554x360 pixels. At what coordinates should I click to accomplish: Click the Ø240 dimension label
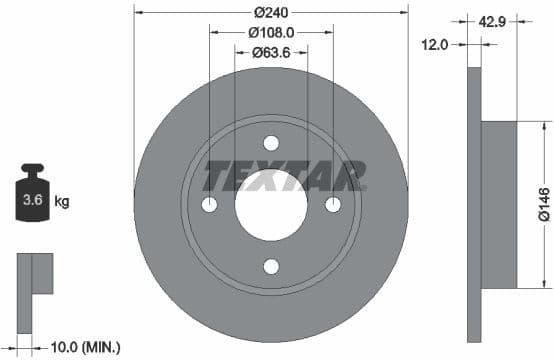[x=271, y=13]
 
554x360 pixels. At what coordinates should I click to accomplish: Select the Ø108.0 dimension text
[x=271, y=33]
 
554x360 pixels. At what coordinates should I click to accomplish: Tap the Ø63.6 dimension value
[x=271, y=52]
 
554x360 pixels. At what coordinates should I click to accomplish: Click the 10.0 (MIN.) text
[x=85, y=347]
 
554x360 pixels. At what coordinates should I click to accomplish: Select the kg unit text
[x=61, y=202]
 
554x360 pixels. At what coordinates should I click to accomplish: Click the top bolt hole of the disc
[x=271, y=143]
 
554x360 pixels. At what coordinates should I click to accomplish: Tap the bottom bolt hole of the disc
[x=271, y=266]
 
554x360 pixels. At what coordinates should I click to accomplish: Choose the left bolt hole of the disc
[x=209, y=205]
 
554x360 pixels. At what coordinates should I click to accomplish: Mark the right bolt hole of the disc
[x=333, y=205]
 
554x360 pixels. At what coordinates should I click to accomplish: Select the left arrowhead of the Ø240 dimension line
[x=138, y=13]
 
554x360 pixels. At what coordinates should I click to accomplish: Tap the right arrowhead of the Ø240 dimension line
[x=404, y=13]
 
